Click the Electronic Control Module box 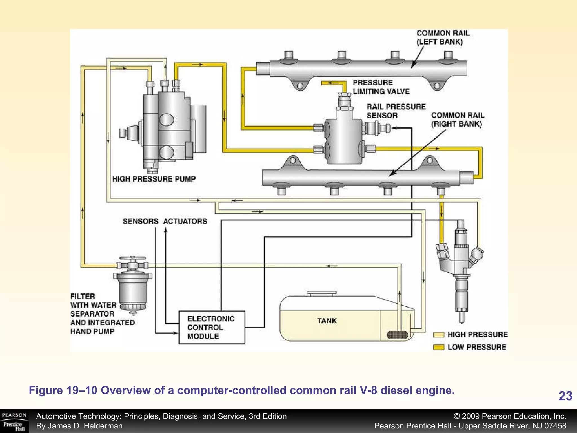(212, 327)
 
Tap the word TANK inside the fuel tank (327, 321)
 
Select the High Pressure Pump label (154, 179)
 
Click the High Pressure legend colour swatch (439, 335)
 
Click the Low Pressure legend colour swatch (439, 347)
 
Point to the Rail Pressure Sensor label (396, 111)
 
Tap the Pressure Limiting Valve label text (381, 87)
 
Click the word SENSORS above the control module (140, 221)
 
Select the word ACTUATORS (185, 221)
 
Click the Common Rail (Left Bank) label (443, 37)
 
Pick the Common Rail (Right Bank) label (458, 120)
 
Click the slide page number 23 (565, 396)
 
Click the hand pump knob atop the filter (132, 258)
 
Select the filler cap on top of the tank (321, 293)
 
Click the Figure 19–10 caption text (242, 390)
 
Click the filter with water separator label (102, 314)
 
